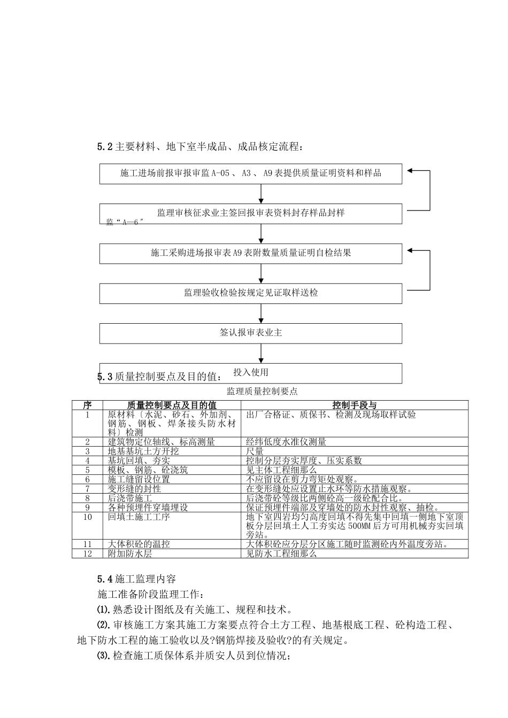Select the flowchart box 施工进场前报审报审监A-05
point(251,174)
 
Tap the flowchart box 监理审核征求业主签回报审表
point(251,213)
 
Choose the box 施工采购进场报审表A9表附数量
point(251,253)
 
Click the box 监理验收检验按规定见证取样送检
point(251,293)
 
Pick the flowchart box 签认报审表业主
point(251,333)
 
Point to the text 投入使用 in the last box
point(251,372)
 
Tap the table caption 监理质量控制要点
point(262,392)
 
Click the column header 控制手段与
point(355,405)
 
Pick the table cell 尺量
point(255,451)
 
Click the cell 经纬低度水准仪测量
point(286,442)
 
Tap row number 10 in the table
point(88,517)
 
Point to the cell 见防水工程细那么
point(281,554)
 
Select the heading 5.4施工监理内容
point(136,579)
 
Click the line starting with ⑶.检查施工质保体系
point(194,656)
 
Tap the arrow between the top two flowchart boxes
point(261,193)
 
